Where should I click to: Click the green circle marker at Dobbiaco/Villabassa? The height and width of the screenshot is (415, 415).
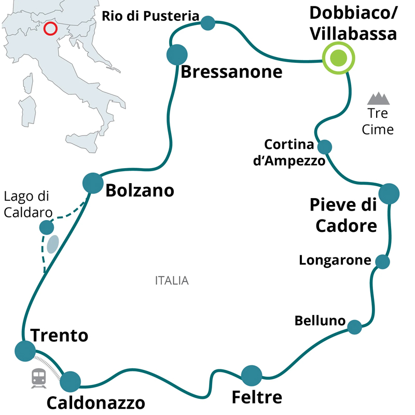coord(339,57)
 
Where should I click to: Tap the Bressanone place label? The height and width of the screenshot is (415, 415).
coord(231,72)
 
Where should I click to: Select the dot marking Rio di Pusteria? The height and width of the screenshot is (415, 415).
coord(208,23)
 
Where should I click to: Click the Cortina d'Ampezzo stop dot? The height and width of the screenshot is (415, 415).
coord(324,147)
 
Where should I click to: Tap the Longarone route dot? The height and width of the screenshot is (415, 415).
coord(382,261)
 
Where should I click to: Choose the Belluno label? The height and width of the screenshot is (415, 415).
coord(320,321)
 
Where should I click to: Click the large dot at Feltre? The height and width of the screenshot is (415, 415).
coord(252,376)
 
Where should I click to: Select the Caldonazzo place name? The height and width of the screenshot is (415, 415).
coord(96,403)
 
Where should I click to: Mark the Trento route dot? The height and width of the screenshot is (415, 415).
coord(24,351)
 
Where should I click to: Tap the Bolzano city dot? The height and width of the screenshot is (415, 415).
coord(93,183)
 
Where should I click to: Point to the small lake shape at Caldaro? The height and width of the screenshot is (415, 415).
coord(52,244)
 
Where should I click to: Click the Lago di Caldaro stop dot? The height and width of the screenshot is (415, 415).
coord(47,227)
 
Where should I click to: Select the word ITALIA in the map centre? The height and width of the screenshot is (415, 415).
coord(172,281)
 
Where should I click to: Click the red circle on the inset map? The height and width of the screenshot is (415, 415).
coord(50,28)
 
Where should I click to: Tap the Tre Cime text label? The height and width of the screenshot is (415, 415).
coord(378,121)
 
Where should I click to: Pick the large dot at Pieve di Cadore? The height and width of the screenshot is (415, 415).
coord(389,193)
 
